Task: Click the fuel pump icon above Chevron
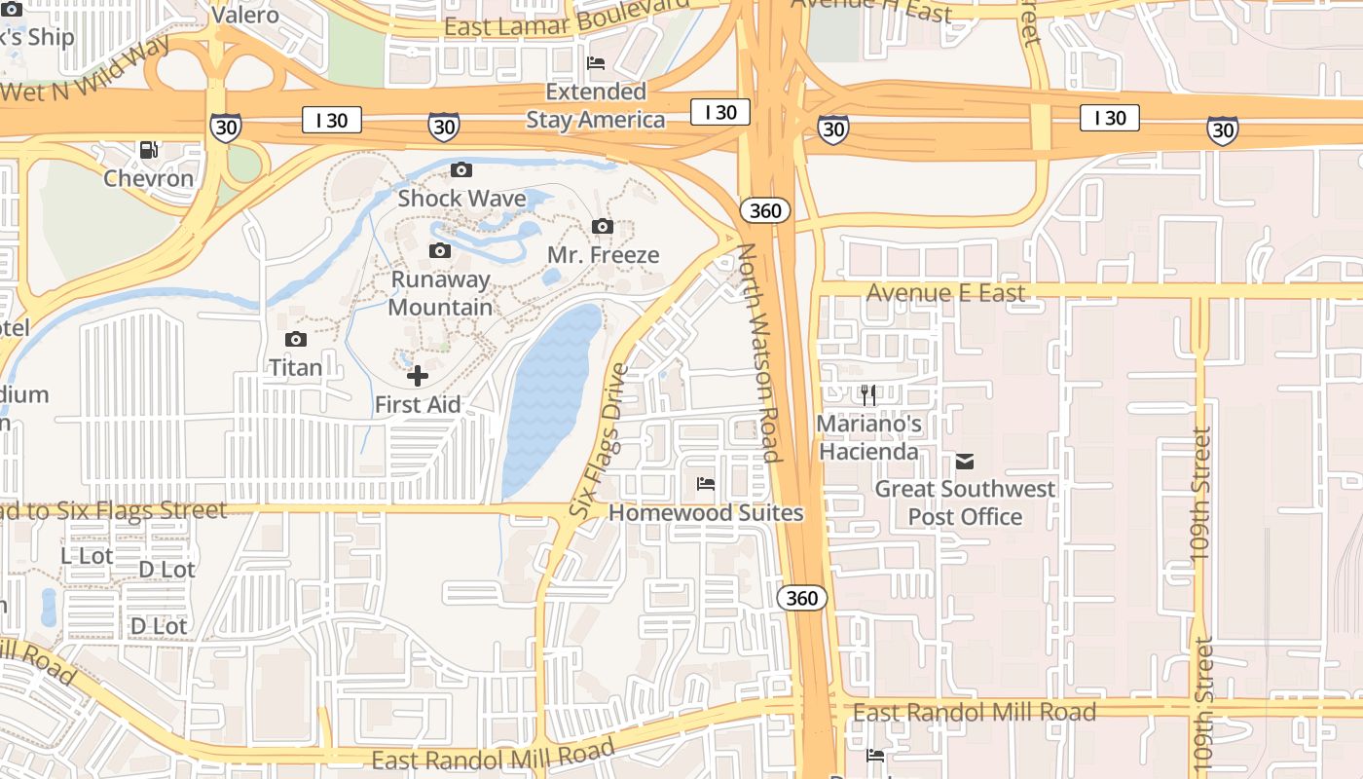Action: coord(149,149)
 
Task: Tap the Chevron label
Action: coord(149,179)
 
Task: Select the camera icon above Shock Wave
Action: coord(461,169)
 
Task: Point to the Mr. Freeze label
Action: coord(603,255)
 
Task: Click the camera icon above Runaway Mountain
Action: coord(440,250)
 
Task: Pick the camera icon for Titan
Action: coord(295,339)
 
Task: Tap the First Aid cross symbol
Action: coord(418,375)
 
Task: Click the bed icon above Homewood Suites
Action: coord(706,483)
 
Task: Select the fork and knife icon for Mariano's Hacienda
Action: coord(868,394)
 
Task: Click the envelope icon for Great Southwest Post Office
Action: coord(965,461)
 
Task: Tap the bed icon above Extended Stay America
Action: coord(596,63)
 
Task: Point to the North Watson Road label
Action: coord(758,352)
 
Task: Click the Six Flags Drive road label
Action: coord(598,440)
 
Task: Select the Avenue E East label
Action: coord(945,293)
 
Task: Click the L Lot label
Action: coord(87,555)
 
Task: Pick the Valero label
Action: coord(245,15)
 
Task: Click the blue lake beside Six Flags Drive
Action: coord(550,399)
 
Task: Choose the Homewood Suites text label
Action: coord(706,513)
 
